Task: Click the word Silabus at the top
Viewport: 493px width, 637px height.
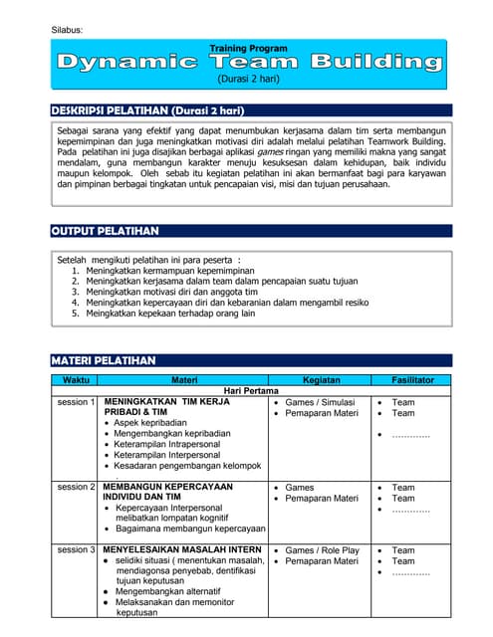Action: coord(67,31)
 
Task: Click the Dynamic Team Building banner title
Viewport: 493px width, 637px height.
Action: coord(249,62)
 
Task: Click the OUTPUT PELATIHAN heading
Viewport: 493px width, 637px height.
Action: coord(105,231)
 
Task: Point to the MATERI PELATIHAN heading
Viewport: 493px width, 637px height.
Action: coord(103,359)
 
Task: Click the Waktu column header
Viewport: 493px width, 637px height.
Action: coord(76,379)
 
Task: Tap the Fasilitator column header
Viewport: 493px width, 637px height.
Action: coord(411,379)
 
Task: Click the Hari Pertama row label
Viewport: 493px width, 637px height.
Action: coord(251,390)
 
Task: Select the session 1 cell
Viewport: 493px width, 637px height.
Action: coord(77,402)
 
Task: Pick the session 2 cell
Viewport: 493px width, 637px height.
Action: coord(77,488)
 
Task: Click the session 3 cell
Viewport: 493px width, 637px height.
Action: coord(77,549)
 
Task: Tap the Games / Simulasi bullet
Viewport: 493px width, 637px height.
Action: coord(321,402)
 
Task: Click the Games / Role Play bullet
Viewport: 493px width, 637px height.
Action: coord(322,549)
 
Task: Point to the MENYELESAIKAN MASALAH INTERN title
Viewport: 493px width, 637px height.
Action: coord(182,549)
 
